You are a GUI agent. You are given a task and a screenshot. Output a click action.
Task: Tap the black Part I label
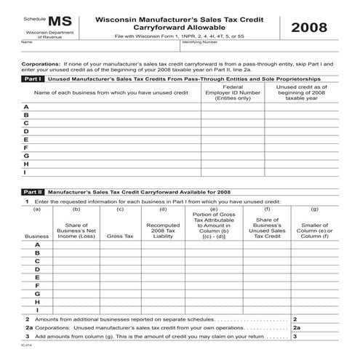[x=33, y=79]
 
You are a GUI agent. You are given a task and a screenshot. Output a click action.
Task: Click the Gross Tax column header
[x=120, y=236]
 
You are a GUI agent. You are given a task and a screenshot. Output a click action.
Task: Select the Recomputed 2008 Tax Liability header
[x=163, y=231]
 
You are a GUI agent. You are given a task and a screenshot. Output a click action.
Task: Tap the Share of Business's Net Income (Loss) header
[x=76, y=231]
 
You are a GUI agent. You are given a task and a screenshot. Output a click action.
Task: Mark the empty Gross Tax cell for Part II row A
[x=120, y=245]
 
